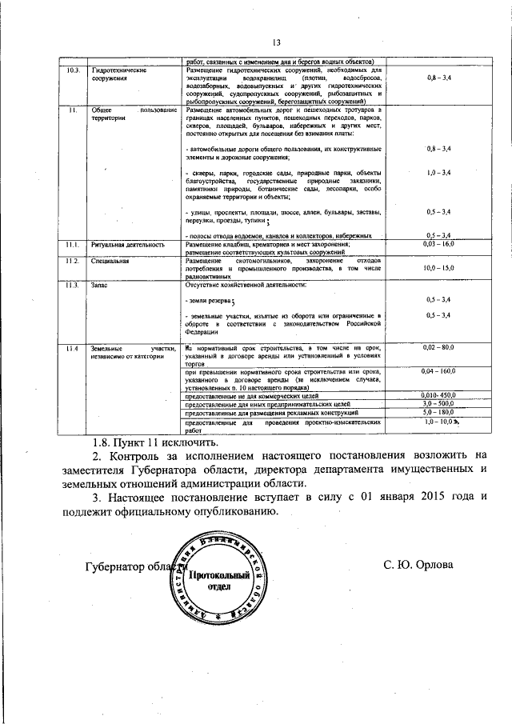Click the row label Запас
pyautogui.click(x=98, y=285)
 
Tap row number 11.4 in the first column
pyautogui.click(x=73, y=348)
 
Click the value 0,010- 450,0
pyautogui.click(x=438, y=396)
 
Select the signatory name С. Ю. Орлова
pyautogui.click(x=418, y=565)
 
